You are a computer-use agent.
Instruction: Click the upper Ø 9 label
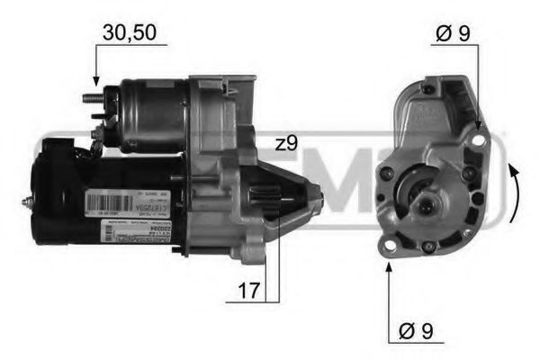[x=452, y=34]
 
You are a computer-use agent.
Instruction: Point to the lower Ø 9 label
[x=415, y=331]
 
